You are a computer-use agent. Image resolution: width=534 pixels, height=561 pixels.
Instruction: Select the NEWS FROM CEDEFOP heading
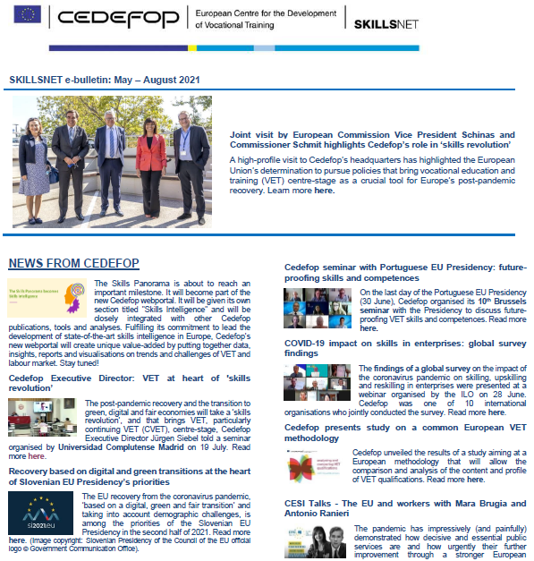[x=73, y=263]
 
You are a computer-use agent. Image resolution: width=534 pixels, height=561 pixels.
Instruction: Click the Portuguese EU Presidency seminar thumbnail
[x=318, y=306]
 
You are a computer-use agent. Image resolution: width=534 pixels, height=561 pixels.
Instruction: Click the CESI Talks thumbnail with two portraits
[x=316, y=540]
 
